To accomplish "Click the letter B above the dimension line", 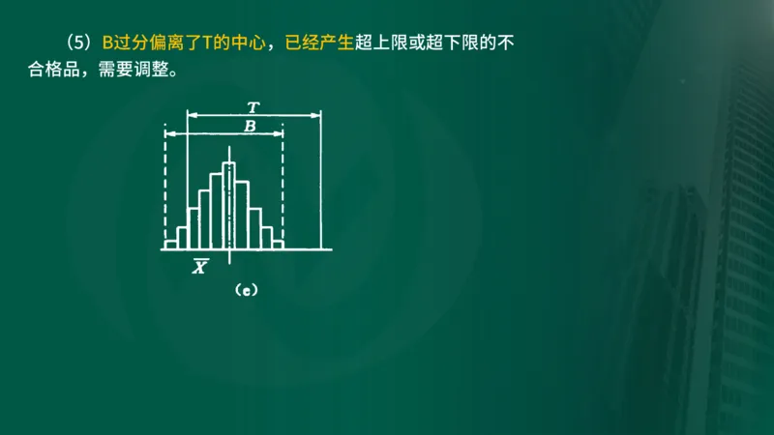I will (250, 126).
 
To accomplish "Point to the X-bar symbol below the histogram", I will (198, 267).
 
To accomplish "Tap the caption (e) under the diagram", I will (245, 289).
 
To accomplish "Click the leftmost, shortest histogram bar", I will (171, 245).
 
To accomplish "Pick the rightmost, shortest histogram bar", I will (278, 245).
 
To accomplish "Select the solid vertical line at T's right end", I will (320, 184).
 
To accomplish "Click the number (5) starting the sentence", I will (79, 44).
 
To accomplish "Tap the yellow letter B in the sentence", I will (107, 44).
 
